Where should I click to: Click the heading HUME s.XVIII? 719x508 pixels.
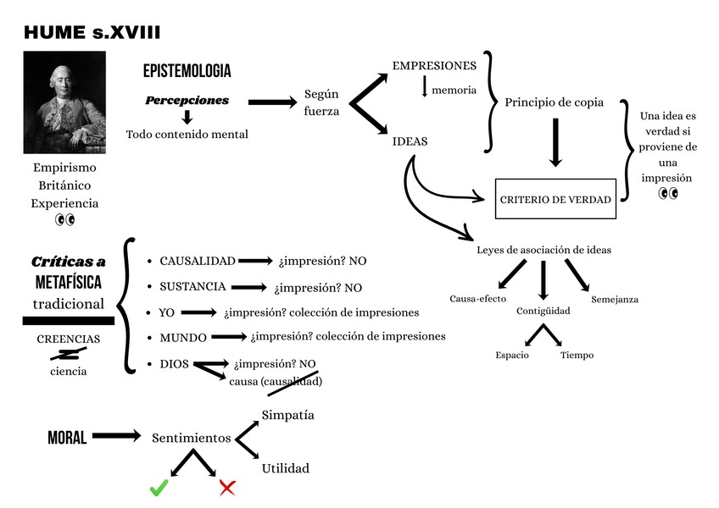[92, 33]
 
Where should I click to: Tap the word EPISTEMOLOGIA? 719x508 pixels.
[187, 71]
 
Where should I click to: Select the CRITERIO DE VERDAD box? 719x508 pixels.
[555, 200]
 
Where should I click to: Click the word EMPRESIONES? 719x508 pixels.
[434, 65]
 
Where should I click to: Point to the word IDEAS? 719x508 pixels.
[410, 141]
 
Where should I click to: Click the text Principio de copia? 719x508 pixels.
[554, 102]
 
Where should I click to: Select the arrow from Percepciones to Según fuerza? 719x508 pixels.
[271, 102]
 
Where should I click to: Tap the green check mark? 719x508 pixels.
[158, 488]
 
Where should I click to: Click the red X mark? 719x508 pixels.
[227, 487]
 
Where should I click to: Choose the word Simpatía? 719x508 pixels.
[288, 415]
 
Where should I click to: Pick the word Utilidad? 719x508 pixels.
[286, 468]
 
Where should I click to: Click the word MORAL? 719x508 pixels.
[67, 438]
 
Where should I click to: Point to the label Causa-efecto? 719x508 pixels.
[478, 299]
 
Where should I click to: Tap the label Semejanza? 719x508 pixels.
[615, 299]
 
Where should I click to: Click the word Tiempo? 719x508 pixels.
[577, 355]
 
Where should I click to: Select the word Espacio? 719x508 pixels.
[512, 355]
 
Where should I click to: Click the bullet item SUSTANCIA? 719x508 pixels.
[192, 286]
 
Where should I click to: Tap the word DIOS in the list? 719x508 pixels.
[174, 364]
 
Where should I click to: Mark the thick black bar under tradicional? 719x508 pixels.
[68, 320]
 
